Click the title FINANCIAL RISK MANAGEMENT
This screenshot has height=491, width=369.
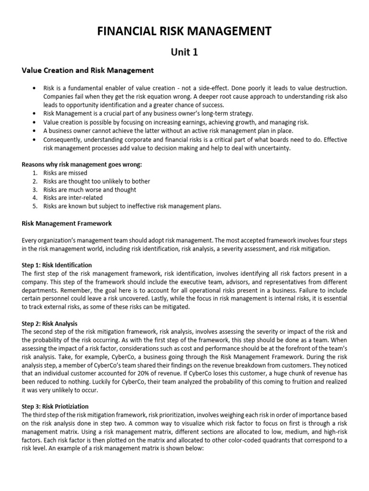[184, 31]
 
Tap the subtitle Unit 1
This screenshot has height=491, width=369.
[184, 52]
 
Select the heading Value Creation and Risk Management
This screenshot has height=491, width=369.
[88, 70]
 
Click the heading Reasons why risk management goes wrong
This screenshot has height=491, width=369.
[82, 164]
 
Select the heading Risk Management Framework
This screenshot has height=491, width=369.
[67, 223]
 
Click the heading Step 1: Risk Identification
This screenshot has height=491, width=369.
[57, 265]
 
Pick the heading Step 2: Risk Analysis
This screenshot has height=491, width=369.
[50, 323]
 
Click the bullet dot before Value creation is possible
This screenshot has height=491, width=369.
[33, 122]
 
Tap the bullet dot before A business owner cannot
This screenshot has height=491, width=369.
[33, 130]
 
